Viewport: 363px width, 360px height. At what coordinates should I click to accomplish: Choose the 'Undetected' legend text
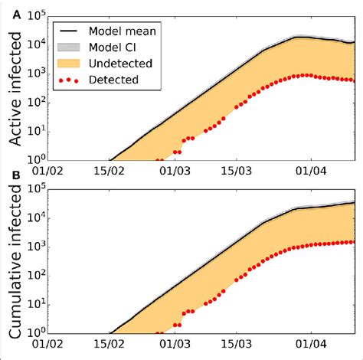[x=119, y=63]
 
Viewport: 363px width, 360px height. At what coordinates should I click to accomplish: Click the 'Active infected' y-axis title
[x=16, y=87]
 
